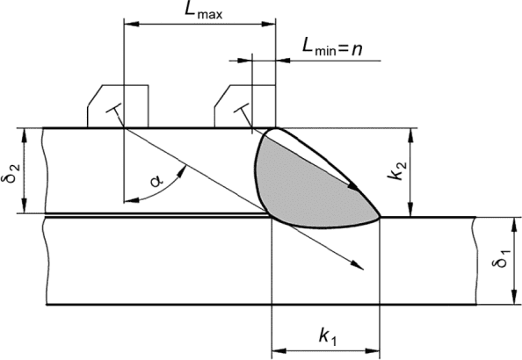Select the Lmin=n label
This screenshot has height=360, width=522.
coord(332,47)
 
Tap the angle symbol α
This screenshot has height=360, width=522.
coord(156,181)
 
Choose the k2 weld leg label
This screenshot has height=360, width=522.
coord(397,170)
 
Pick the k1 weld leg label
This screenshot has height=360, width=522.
coord(328,336)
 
